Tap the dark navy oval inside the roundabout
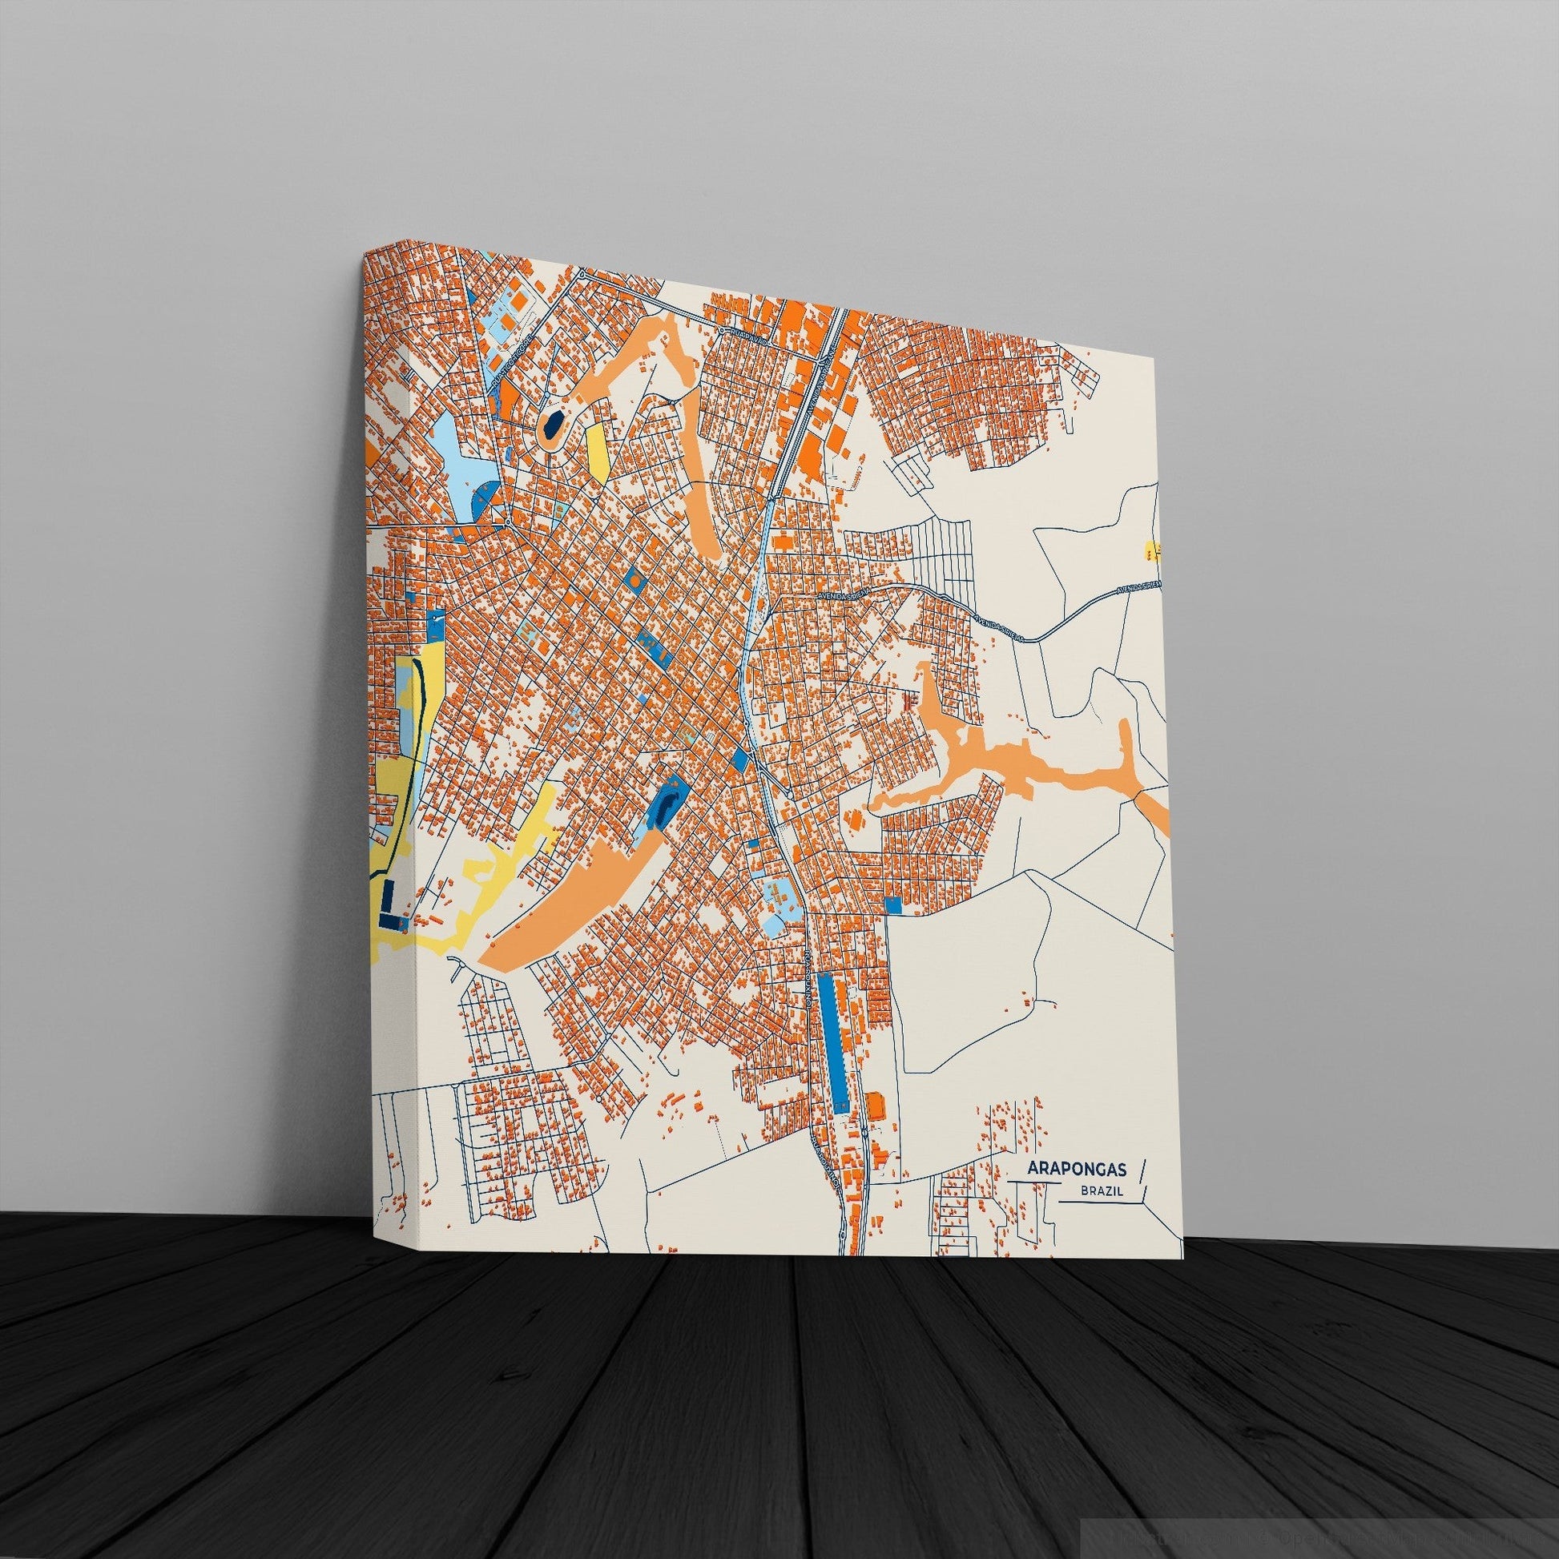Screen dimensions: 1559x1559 click(x=553, y=425)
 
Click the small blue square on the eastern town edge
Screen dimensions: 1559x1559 click(x=892, y=904)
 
